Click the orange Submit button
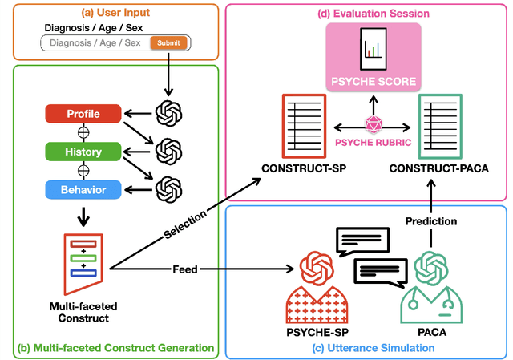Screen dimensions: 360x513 click(168, 42)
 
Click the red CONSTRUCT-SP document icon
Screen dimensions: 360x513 click(302, 125)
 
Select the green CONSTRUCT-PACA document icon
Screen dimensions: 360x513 click(438, 125)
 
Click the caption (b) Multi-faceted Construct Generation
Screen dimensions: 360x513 click(115, 347)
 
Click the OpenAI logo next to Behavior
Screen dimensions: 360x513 click(168, 189)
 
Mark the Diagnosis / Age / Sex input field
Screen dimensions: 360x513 click(96, 42)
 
